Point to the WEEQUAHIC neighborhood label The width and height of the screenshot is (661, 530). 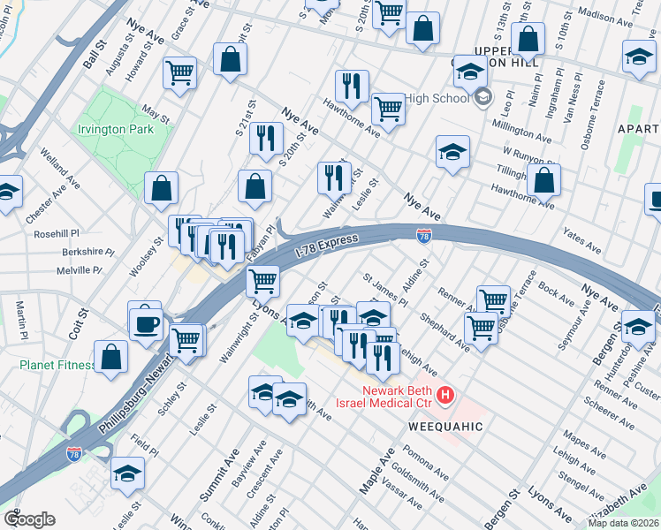coord(446,427)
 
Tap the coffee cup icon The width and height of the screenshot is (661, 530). coord(145,322)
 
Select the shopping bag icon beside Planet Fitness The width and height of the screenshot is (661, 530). coord(111,358)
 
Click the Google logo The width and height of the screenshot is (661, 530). coord(29,519)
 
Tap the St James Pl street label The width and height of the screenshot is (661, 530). coord(384,290)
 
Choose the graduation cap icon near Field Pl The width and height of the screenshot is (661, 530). coord(128,474)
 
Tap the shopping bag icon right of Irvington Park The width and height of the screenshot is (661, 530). coord(161,187)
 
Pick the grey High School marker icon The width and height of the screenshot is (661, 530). coord(482,97)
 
